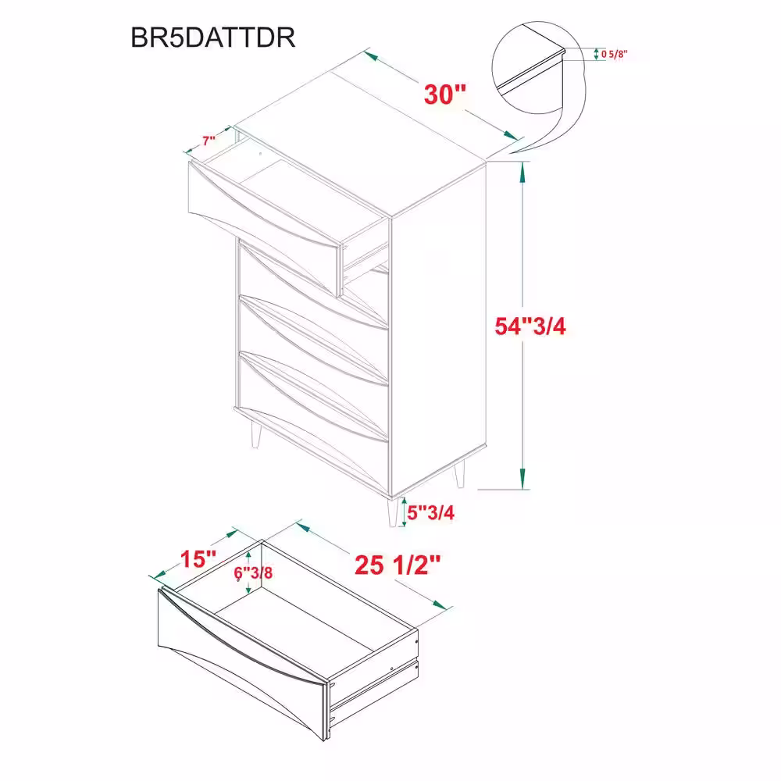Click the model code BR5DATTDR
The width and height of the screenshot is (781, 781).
coord(212,37)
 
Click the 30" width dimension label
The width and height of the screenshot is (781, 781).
coord(445,94)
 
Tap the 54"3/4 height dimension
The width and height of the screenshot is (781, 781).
coord(530,326)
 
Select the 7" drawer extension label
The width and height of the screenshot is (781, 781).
coord(209,141)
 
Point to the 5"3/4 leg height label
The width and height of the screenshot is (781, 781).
coord(431,512)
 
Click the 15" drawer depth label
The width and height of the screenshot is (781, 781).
coord(198,559)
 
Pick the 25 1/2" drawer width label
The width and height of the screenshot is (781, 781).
coord(398,565)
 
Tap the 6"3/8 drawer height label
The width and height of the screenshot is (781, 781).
coord(253,572)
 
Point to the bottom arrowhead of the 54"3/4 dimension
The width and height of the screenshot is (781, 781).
coord(522,480)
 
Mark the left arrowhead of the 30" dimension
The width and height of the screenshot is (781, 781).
coord(370,55)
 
